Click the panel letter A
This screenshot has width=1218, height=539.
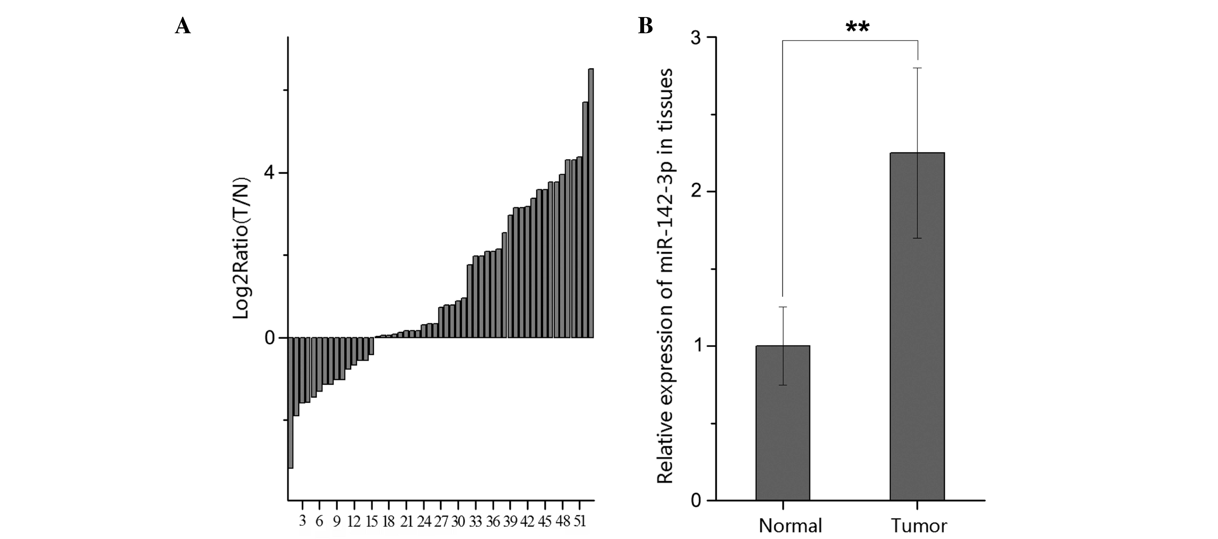(183, 26)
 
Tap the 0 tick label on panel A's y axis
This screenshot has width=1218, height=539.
(270, 338)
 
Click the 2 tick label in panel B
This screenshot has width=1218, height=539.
(695, 192)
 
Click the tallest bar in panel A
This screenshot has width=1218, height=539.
(591, 203)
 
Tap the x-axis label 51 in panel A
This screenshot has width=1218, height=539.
(580, 522)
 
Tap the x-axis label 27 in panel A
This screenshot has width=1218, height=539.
(441, 522)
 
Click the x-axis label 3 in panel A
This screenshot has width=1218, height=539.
(303, 522)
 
